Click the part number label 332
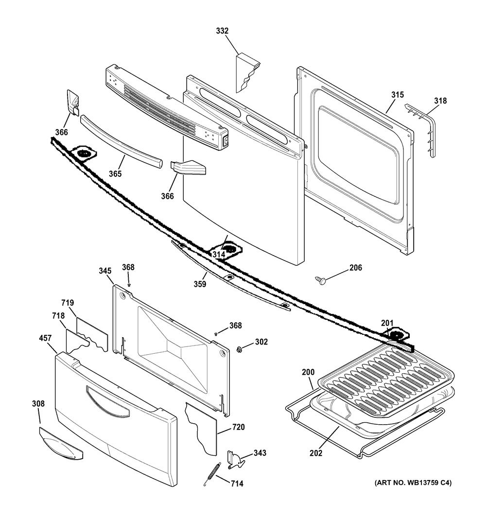222,31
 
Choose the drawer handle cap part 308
61,443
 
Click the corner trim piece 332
246,73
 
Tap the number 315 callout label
398,94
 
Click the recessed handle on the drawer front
107,401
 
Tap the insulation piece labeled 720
201,427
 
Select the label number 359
199,284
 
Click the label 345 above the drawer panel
105,270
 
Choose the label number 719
68,303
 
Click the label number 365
115,173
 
